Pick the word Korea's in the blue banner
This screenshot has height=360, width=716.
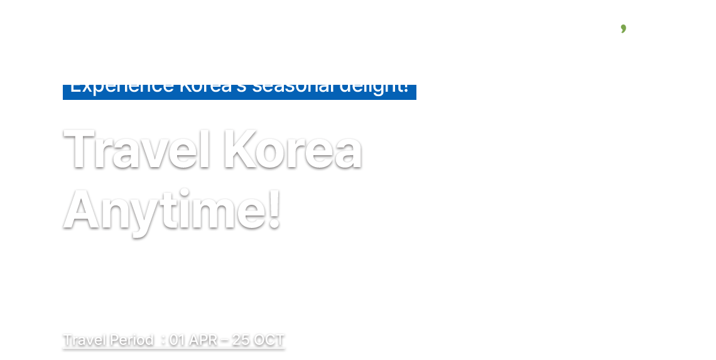[213, 87]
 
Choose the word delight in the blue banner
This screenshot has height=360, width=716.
[374, 87]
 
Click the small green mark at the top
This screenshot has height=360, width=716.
[623, 28]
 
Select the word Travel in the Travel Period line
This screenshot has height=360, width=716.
[85, 340]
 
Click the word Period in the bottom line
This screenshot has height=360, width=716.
[131, 340]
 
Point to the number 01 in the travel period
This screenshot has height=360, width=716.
[177, 340]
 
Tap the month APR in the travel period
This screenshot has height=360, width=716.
[203, 340]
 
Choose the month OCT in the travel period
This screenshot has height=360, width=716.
[269, 340]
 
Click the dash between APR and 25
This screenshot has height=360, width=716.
[224, 341]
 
